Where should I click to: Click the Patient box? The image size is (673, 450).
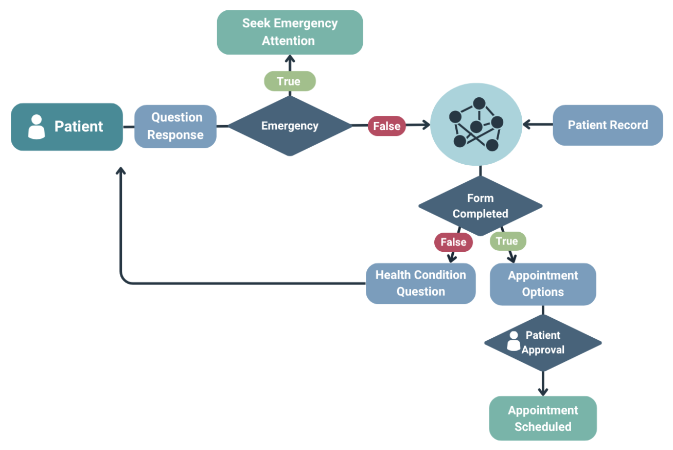[x=67, y=127]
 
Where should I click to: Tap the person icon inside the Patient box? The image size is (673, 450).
[x=36, y=127]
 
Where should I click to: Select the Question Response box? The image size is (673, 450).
[x=175, y=126]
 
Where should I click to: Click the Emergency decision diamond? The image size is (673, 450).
[x=290, y=126]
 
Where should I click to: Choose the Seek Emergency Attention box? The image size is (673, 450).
[x=290, y=32]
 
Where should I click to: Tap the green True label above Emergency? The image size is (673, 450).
[x=289, y=81]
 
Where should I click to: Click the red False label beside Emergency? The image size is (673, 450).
[x=386, y=126]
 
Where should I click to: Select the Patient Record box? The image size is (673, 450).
[x=608, y=125]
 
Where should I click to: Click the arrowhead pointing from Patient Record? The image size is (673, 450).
[x=527, y=125]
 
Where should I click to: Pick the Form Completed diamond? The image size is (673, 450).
[x=480, y=206]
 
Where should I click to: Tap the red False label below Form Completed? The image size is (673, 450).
[x=453, y=242]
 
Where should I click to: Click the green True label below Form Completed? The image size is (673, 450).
[x=507, y=241]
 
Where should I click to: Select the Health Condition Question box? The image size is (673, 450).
[x=420, y=283]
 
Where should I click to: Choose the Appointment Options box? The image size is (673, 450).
[x=543, y=284]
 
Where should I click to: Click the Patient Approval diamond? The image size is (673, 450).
[x=543, y=342]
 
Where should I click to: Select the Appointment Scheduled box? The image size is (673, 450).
[x=543, y=418]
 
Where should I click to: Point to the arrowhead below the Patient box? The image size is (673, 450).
[x=121, y=171]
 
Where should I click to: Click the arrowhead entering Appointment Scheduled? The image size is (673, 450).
[x=543, y=392]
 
